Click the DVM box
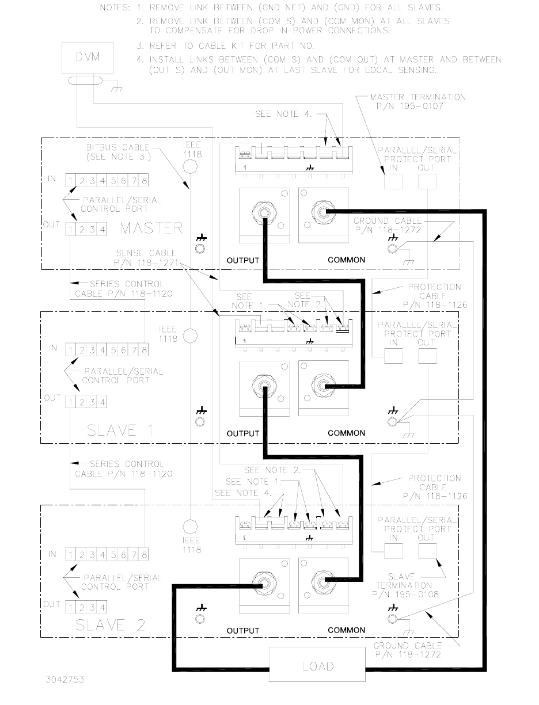(88, 58)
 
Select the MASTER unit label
(151, 228)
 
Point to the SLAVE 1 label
(120, 430)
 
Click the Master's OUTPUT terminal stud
(264, 212)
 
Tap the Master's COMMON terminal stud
(323, 212)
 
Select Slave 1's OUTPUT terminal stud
(264, 386)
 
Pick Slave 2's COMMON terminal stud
(323, 582)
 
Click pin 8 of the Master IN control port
(144, 181)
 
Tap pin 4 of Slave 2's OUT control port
(102, 607)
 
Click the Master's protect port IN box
(394, 181)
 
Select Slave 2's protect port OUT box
(427, 551)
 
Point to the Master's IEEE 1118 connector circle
(190, 167)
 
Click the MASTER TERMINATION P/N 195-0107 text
(417, 101)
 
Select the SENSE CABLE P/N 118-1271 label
(146, 258)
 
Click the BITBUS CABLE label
(118, 147)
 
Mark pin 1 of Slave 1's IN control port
(70, 350)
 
